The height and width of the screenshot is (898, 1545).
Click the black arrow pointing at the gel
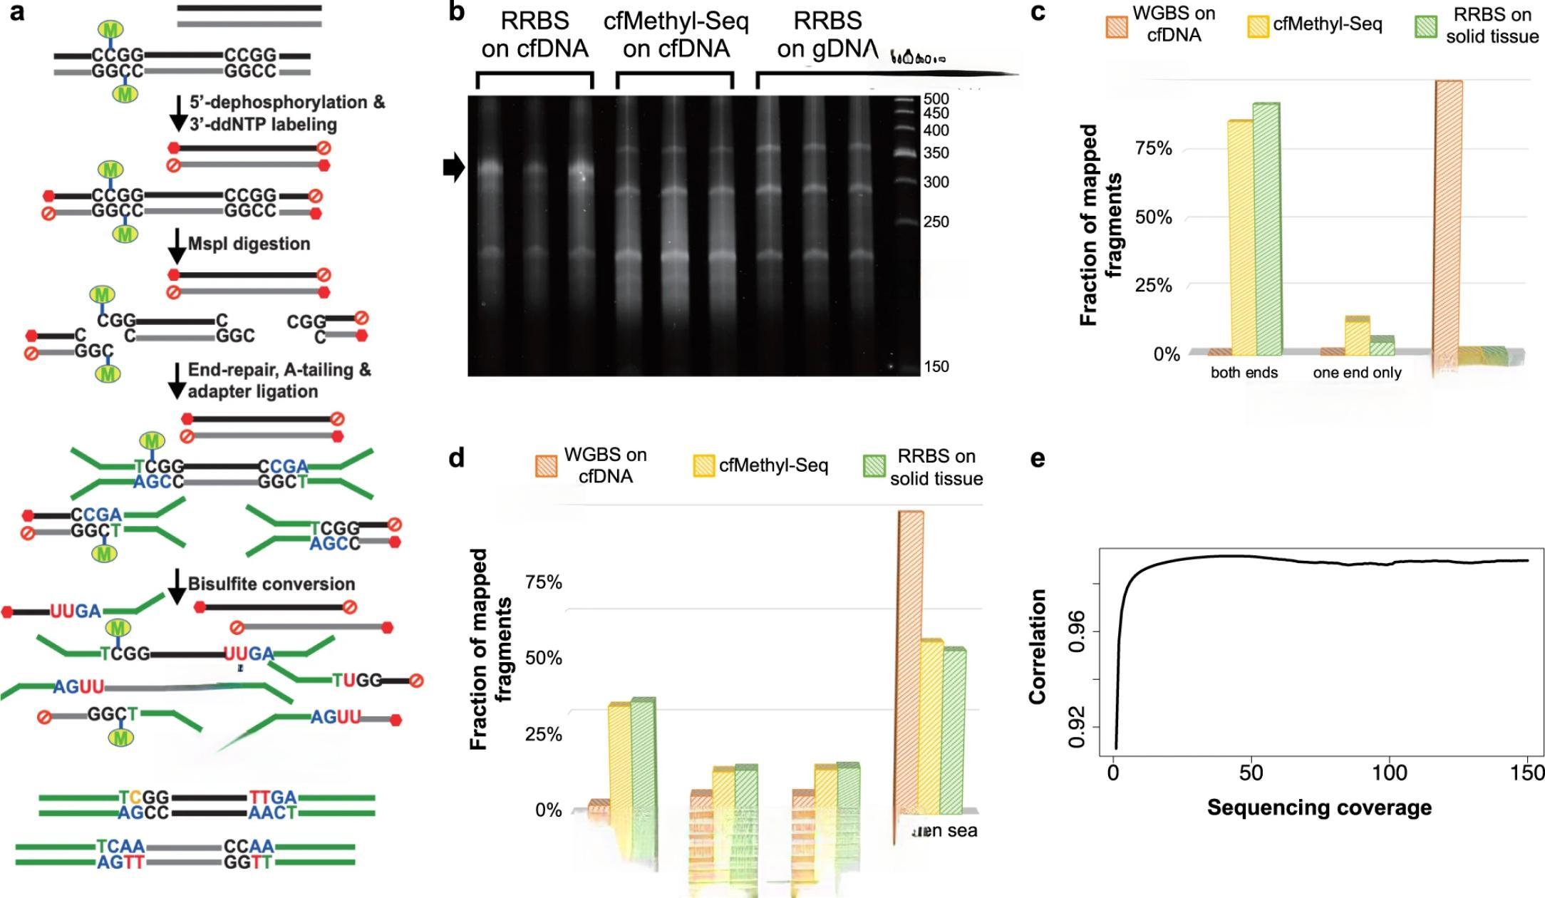(454, 168)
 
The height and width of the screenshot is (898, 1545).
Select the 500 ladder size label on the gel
(936, 98)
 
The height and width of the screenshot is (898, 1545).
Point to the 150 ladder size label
(936, 366)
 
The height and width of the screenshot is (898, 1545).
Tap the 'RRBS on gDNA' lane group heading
(827, 35)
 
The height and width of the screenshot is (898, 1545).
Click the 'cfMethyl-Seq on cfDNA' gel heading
(676, 35)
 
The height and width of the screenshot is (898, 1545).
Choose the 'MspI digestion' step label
(249, 244)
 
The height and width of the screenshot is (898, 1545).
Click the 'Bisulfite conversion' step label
(271, 584)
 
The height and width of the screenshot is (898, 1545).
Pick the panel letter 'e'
(1038, 458)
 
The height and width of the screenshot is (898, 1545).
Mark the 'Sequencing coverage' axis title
(1319, 807)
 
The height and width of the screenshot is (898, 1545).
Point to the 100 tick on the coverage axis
(1389, 773)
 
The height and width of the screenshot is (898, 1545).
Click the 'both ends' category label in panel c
(1244, 373)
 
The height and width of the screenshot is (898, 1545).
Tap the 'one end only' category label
(1357, 373)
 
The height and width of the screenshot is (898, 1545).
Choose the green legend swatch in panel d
(874, 466)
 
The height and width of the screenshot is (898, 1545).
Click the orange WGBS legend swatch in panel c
(1117, 26)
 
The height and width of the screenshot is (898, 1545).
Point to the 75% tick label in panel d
(544, 582)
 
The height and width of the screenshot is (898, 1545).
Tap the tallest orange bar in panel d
(911, 663)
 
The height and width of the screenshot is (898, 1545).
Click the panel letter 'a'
(17, 12)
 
